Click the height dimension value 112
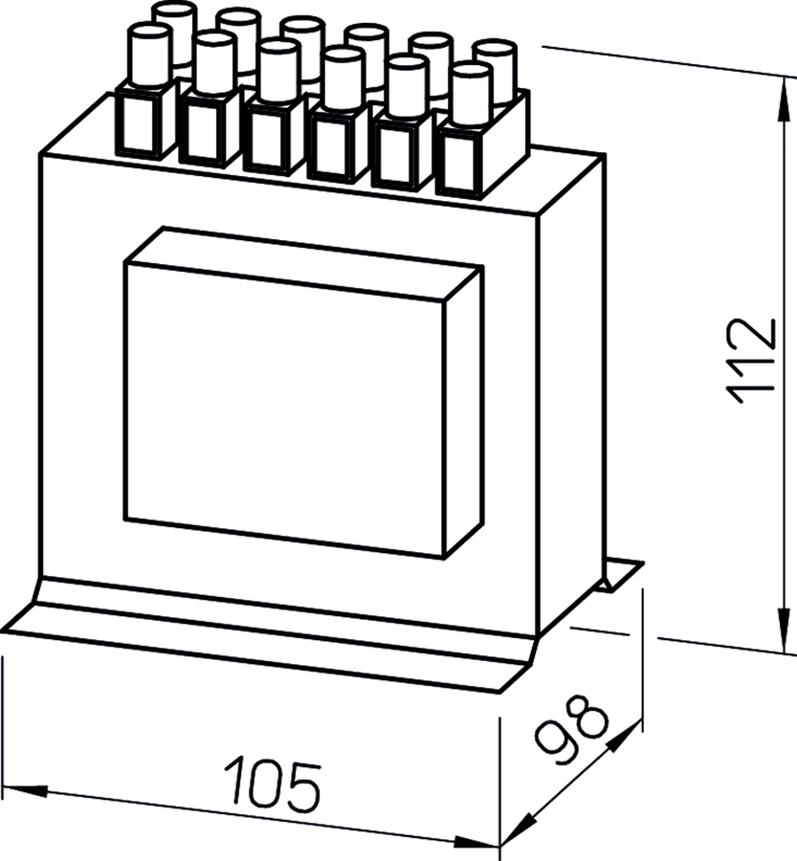tap(751, 362)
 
